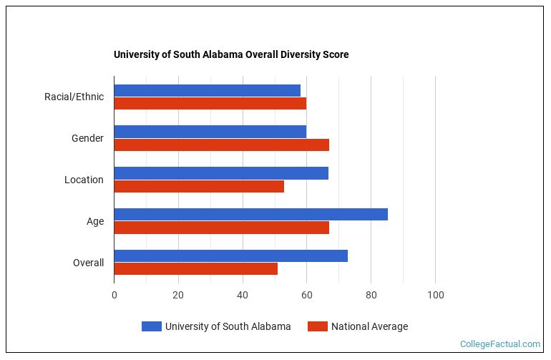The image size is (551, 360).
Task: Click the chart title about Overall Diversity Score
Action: (x=231, y=54)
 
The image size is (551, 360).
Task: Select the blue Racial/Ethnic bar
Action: (x=207, y=90)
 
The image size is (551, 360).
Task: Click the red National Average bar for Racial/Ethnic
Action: (x=210, y=103)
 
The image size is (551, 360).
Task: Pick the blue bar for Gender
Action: (x=210, y=132)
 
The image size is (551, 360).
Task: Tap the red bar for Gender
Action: (x=221, y=145)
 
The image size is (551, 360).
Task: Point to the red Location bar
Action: (x=199, y=186)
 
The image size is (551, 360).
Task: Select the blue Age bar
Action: (x=250, y=214)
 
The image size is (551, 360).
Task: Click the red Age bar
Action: (x=221, y=228)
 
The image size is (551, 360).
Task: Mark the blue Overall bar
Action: (x=230, y=256)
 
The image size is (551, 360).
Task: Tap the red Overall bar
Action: (x=195, y=269)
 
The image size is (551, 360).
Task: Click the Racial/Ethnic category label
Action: (x=74, y=97)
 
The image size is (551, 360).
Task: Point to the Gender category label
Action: (x=87, y=138)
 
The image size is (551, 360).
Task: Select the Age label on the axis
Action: (x=95, y=221)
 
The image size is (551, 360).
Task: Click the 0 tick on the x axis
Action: (x=114, y=295)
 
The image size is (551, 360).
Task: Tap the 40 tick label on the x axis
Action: (x=243, y=295)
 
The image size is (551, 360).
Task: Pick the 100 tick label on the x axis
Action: (x=435, y=295)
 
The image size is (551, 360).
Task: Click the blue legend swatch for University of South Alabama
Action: (x=151, y=326)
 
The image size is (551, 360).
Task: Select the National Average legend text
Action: (x=369, y=326)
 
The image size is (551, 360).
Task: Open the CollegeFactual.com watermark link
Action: (x=499, y=344)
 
